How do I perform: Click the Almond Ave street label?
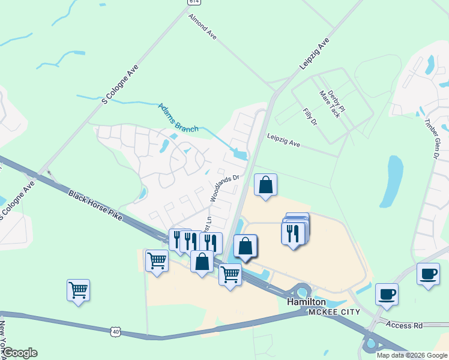(x=202, y=28)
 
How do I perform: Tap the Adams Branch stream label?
(x=178, y=117)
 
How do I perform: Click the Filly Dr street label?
(x=310, y=118)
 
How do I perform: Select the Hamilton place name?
(x=306, y=302)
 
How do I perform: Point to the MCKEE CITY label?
(x=334, y=312)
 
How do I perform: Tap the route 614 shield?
(x=193, y=2)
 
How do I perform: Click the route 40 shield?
(x=116, y=331)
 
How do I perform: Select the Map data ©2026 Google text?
(x=411, y=355)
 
